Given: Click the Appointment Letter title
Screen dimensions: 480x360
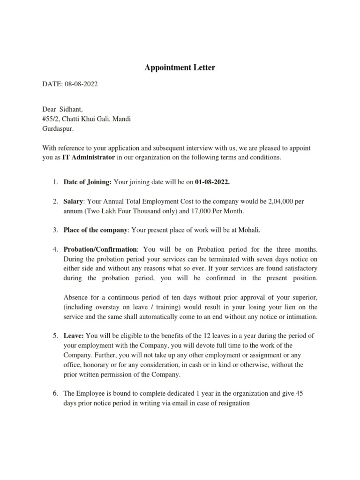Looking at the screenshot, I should [x=180, y=68].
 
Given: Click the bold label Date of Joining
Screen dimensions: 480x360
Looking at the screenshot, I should [x=88, y=182].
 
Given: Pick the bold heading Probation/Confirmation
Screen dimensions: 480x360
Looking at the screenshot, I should [x=100, y=250].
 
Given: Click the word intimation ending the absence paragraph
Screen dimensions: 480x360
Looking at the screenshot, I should [x=300, y=317].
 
